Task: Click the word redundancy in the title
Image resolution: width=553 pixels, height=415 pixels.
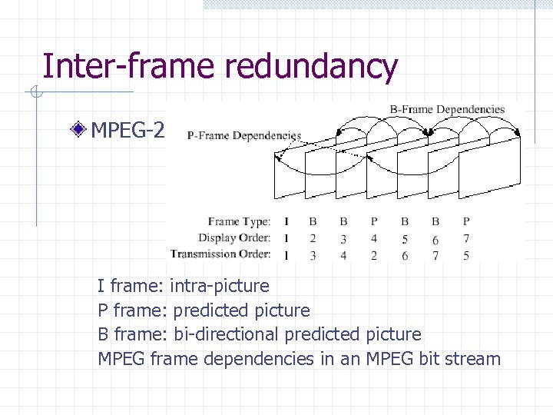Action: [310, 66]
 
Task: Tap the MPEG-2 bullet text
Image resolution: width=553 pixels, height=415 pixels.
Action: [127, 131]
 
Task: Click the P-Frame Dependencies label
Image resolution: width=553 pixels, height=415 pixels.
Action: [243, 135]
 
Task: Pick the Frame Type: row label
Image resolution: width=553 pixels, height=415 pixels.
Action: [239, 221]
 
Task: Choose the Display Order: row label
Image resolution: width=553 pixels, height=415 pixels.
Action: [234, 237]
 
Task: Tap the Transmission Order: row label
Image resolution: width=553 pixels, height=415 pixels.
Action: [221, 254]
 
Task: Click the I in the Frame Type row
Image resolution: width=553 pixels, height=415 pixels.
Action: [286, 221]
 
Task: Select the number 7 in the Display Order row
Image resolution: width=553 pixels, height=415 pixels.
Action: [466, 237]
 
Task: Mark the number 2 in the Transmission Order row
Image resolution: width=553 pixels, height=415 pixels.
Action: [374, 254]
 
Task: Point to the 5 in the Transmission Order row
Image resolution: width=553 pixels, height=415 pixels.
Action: [466, 254]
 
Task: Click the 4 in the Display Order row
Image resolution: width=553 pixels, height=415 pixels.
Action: [374, 237]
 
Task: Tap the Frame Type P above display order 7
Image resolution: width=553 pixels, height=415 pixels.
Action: [466, 221]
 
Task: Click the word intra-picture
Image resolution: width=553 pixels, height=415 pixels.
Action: [220, 286]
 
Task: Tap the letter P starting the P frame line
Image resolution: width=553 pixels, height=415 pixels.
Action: [103, 310]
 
